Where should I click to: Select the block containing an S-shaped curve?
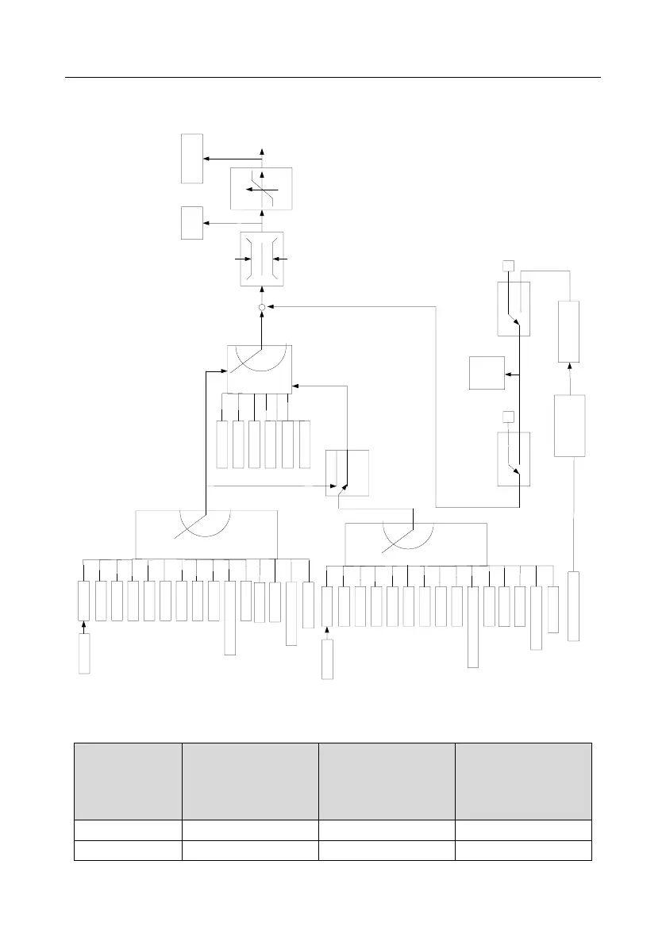point(261,189)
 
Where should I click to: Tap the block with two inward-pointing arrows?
point(261,259)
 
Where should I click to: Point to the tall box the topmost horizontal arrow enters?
point(191,159)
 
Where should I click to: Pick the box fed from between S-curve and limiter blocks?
point(191,222)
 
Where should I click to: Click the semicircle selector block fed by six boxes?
point(260,369)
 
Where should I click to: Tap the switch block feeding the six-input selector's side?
point(347,473)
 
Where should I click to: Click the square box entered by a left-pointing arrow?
point(487,373)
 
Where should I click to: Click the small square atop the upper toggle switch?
point(509,265)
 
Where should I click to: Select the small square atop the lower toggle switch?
point(509,417)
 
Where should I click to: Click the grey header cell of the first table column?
point(127,781)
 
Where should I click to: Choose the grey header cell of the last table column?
point(523,781)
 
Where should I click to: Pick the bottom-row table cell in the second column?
point(249,851)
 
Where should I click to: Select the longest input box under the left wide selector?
point(230,618)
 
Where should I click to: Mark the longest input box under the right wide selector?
point(473,627)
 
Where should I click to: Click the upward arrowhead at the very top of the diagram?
point(263,151)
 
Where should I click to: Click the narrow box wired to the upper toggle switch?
point(569,332)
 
